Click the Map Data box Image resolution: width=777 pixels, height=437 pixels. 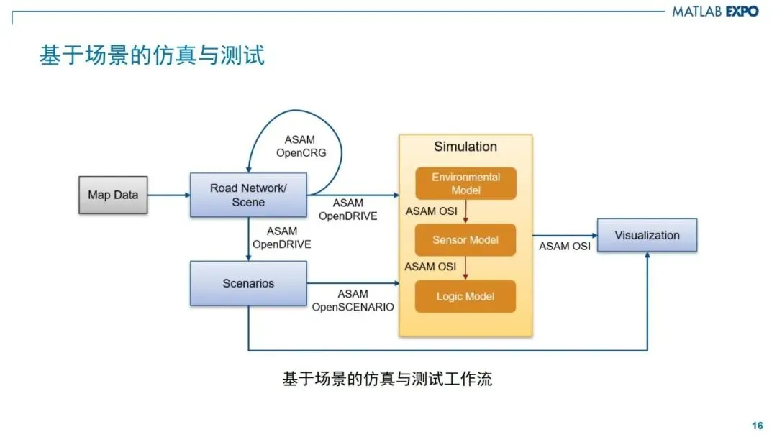click(x=113, y=195)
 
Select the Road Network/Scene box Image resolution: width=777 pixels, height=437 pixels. click(x=248, y=195)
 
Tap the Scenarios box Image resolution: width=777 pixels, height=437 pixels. click(x=248, y=283)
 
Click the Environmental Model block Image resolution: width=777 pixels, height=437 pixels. click(x=465, y=183)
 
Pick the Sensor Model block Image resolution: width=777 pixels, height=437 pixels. click(x=465, y=239)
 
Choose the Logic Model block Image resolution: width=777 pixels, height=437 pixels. click(x=465, y=296)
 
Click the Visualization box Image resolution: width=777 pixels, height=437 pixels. click(x=647, y=235)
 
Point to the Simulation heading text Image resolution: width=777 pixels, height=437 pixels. click(x=465, y=147)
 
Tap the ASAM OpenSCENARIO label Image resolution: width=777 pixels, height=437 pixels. click(x=353, y=300)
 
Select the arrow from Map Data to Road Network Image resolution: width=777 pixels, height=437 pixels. click(x=168, y=195)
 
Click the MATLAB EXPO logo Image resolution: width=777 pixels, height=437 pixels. click(x=715, y=11)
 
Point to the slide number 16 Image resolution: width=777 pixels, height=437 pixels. click(x=757, y=425)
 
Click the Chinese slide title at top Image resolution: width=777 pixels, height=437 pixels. click(x=152, y=55)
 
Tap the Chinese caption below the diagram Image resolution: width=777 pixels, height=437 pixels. click(x=387, y=379)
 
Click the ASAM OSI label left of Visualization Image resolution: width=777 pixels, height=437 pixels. click(x=565, y=246)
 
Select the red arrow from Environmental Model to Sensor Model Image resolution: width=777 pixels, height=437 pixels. click(x=465, y=211)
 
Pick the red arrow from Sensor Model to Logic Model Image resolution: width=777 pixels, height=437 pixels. click(x=465, y=267)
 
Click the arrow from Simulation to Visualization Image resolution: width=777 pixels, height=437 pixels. click(x=564, y=235)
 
